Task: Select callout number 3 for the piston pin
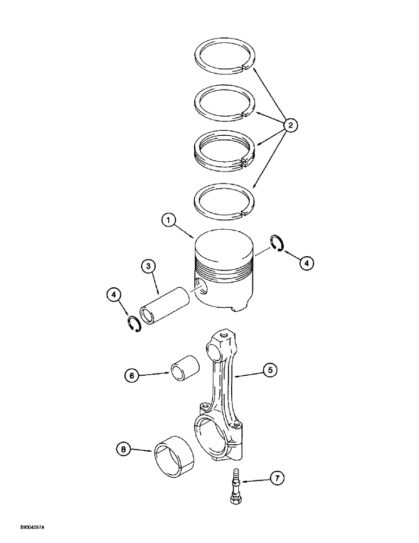148,267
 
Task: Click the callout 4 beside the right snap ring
306,263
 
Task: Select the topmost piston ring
223,56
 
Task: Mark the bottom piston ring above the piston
224,200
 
